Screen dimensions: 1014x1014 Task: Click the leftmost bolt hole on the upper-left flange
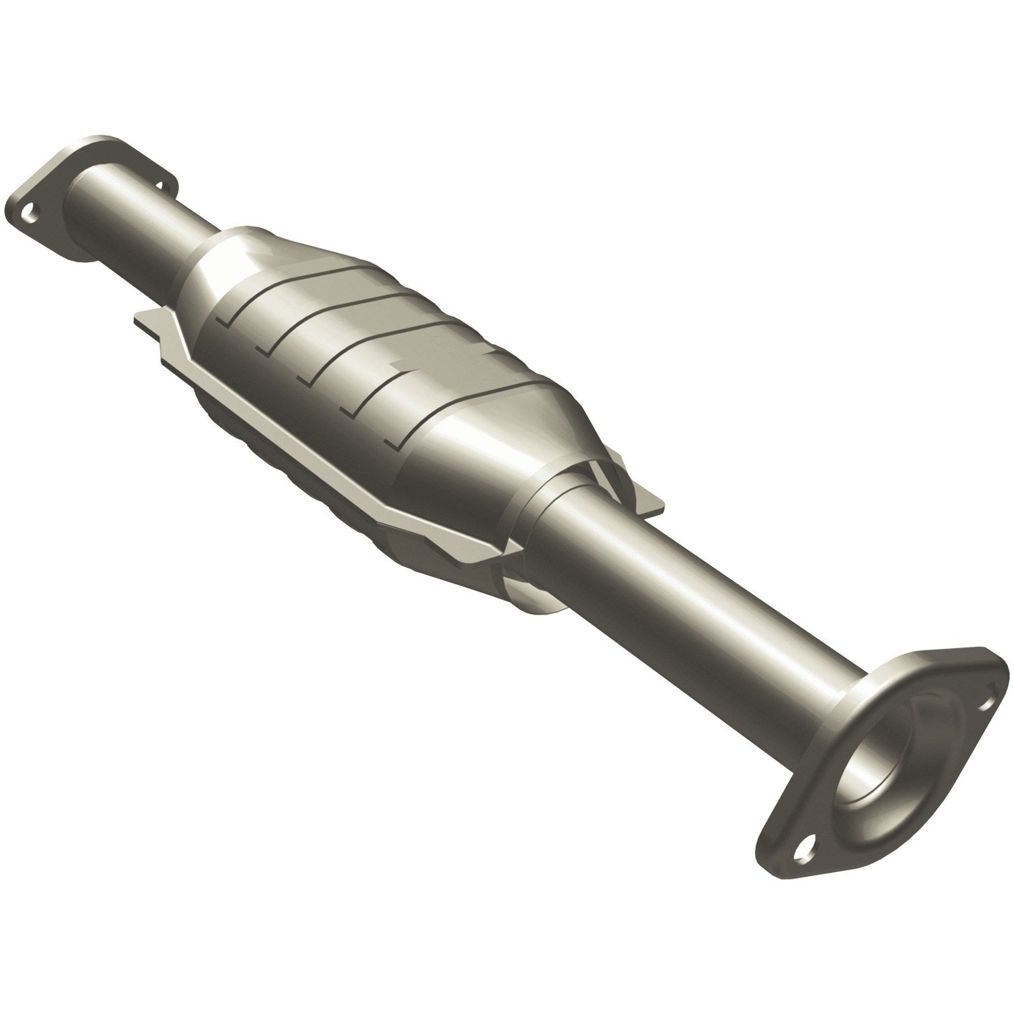(x=28, y=212)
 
